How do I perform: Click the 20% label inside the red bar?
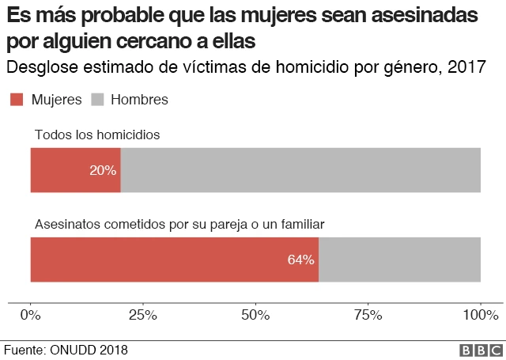click(103, 170)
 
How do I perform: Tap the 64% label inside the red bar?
click(300, 260)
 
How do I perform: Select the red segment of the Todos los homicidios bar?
click(63, 170)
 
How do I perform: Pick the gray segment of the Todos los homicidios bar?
click(300, 170)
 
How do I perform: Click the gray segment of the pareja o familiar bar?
click(399, 260)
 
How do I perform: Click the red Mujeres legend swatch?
click(16, 100)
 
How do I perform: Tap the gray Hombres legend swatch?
click(97, 100)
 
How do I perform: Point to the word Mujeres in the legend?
click(56, 100)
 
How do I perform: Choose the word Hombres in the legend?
click(139, 100)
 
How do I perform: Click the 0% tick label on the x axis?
click(30, 315)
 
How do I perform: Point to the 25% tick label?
click(143, 315)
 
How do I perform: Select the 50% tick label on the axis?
click(255, 315)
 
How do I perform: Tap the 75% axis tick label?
click(368, 315)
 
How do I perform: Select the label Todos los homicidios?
click(97, 135)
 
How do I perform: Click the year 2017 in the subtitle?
click(466, 67)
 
